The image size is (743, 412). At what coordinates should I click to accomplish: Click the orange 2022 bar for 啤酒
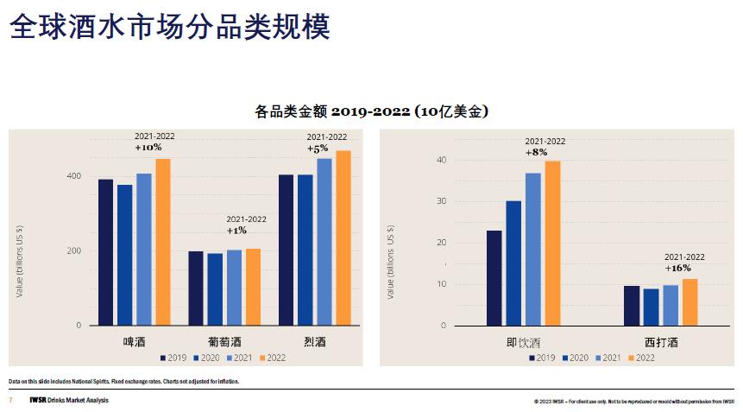point(162,242)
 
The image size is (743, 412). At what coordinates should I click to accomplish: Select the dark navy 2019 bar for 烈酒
point(286,250)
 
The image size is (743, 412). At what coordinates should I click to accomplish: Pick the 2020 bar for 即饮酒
point(513,263)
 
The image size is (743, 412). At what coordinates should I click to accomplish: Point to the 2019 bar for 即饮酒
point(494,277)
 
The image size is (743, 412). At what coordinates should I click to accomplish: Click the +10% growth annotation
point(148,148)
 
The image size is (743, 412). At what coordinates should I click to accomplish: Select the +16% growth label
point(678,268)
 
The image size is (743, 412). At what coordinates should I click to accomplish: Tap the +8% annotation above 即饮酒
point(538,152)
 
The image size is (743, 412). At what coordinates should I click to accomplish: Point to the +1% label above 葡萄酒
point(237,231)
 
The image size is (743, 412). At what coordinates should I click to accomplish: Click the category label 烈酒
point(315,342)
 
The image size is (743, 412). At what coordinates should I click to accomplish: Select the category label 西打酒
point(661,342)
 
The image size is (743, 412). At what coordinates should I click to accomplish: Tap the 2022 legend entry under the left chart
point(272,358)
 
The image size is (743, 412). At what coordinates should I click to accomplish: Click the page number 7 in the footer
point(10,400)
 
